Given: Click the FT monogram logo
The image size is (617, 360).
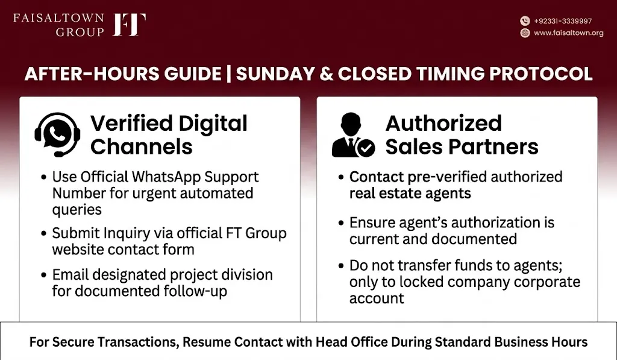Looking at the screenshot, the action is coord(130,24).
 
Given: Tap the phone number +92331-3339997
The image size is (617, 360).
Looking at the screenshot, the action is coord(563,21).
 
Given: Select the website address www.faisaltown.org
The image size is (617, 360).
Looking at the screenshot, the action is coord(568,33).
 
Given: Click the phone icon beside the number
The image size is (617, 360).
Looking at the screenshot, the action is coord(525,21).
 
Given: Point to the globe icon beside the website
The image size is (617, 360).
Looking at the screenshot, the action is coord(525,33).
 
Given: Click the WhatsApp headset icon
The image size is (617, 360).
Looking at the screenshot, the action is coord(57,134).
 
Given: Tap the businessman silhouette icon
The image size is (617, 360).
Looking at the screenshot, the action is coord(349,135).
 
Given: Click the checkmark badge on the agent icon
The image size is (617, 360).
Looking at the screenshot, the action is coord(366,148).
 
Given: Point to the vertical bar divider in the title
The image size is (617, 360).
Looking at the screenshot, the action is coord(228,74).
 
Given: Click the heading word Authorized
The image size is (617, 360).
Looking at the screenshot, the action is coord(443,124).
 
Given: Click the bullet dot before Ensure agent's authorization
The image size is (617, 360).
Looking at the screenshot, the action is coord(341,223).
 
